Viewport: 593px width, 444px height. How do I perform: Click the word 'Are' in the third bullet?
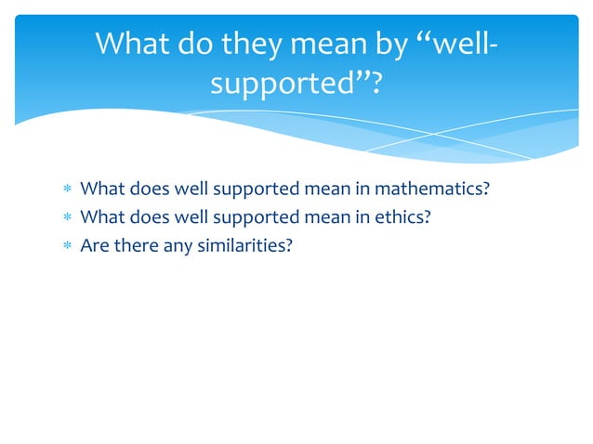pos(93,246)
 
